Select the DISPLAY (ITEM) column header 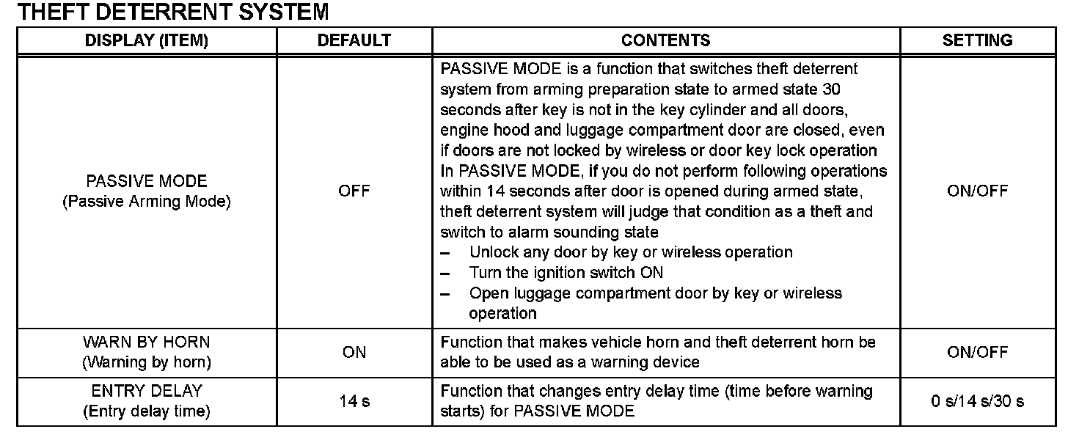tap(147, 41)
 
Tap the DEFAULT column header tap(354, 41)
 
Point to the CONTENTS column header tap(665, 41)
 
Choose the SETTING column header tap(977, 41)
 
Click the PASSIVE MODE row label tap(147, 181)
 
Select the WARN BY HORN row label tap(147, 342)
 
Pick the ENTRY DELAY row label tap(147, 391)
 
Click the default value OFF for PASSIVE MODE tap(354, 191)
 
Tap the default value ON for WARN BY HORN tap(354, 353)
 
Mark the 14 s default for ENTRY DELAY tap(354, 401)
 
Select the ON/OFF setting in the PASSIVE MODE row tap(977, 191)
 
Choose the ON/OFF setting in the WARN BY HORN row tap(977, 353)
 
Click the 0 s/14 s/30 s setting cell tap(977, 401)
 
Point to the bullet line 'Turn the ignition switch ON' tap(566, 273)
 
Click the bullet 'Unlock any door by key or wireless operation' tap(631, 252)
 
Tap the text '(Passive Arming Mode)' tap(147, 202)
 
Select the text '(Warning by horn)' tap(147, 362)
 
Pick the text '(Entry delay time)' tap(147, 411)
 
